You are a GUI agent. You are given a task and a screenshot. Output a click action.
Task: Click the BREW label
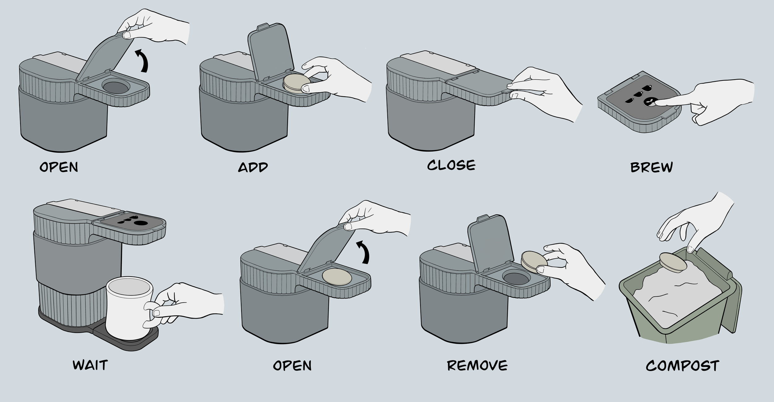(x=651, y=167)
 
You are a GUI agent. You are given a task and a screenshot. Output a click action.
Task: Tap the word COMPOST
(x=682, y=366)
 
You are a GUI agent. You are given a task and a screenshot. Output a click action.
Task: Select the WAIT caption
(x=90, y=365)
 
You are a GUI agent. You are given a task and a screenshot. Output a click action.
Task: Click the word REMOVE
(x=477, y=365)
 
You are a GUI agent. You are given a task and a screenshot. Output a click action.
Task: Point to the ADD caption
(x=253, y=167)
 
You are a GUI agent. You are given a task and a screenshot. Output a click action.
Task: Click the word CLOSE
(x=451, y=165)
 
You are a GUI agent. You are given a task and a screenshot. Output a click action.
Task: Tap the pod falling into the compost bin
(x=673, y=262)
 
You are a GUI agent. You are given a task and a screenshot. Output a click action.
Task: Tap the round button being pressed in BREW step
(x=649, y=102)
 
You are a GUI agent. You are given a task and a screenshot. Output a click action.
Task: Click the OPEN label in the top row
(x=59, y=167)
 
